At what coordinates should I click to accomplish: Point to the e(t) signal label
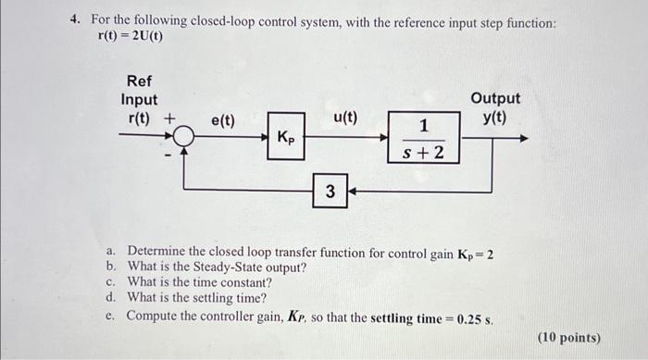(223, 120)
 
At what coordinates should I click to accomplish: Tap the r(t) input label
(139, 118)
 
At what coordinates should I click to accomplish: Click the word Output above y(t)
(495, 98)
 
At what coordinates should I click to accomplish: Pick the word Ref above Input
(139, 81)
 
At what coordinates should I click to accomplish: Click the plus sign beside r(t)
(169, 118)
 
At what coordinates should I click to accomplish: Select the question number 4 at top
(78, 19)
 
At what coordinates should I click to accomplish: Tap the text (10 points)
(568, 338)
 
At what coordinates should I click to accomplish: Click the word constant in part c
(239, 282)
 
